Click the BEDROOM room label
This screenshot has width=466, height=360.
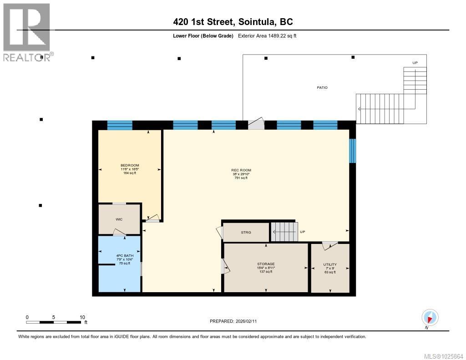[x=130, y=165]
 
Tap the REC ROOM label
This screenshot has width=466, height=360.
[x=241, y=170]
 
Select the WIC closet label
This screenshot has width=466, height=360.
[x=119, y=219]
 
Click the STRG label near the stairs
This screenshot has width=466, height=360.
[x=246, y=232]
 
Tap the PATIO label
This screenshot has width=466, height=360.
[x=322, y=87]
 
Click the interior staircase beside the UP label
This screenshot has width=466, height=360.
[x=284, y=232]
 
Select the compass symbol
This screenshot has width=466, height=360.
[x=430, y=317]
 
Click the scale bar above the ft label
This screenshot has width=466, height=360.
[x=55, y=322]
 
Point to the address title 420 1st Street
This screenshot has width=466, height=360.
[x=233, y=21]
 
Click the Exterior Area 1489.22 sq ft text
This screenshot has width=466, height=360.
[x=267, y=36]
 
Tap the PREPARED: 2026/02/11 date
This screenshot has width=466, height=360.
[x=236, y=321]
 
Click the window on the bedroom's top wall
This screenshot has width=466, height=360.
[x=120, y=125]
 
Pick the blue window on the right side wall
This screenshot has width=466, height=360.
[x=352, y=151]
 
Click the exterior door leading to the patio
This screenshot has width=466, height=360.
[x=256, y=124]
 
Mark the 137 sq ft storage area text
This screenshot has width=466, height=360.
[x=265, y=272]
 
